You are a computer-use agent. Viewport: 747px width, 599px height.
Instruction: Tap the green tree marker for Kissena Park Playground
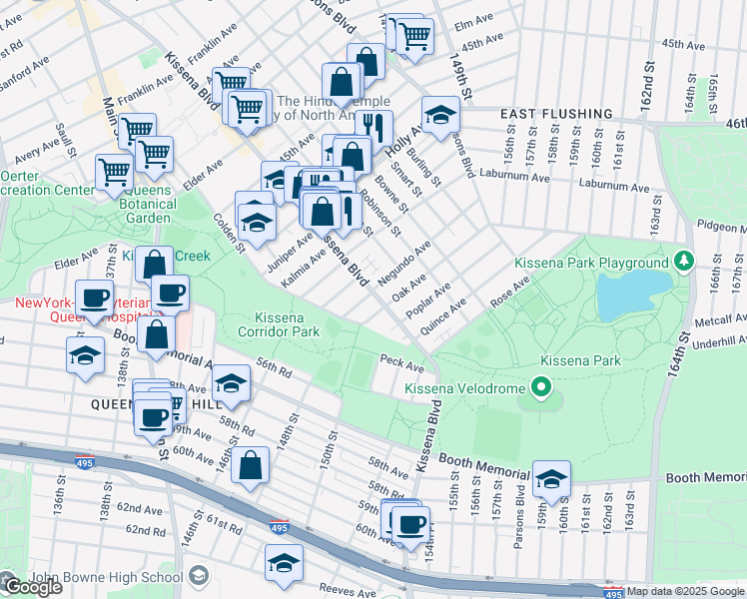point(683,263)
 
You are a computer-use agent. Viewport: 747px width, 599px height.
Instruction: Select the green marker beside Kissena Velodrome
point(541,386)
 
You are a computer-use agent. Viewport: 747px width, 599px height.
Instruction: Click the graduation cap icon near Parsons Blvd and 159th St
point(550,480)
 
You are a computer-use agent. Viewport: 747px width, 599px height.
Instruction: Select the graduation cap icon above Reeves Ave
point(284,563)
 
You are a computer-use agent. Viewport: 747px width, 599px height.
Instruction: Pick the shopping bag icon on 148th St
point(251,465)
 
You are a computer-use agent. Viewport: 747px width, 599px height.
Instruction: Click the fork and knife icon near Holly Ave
point(373,127)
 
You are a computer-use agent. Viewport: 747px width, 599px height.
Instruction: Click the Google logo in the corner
point(33,587)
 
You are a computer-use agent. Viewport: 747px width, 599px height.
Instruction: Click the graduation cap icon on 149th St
point(439,116)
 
